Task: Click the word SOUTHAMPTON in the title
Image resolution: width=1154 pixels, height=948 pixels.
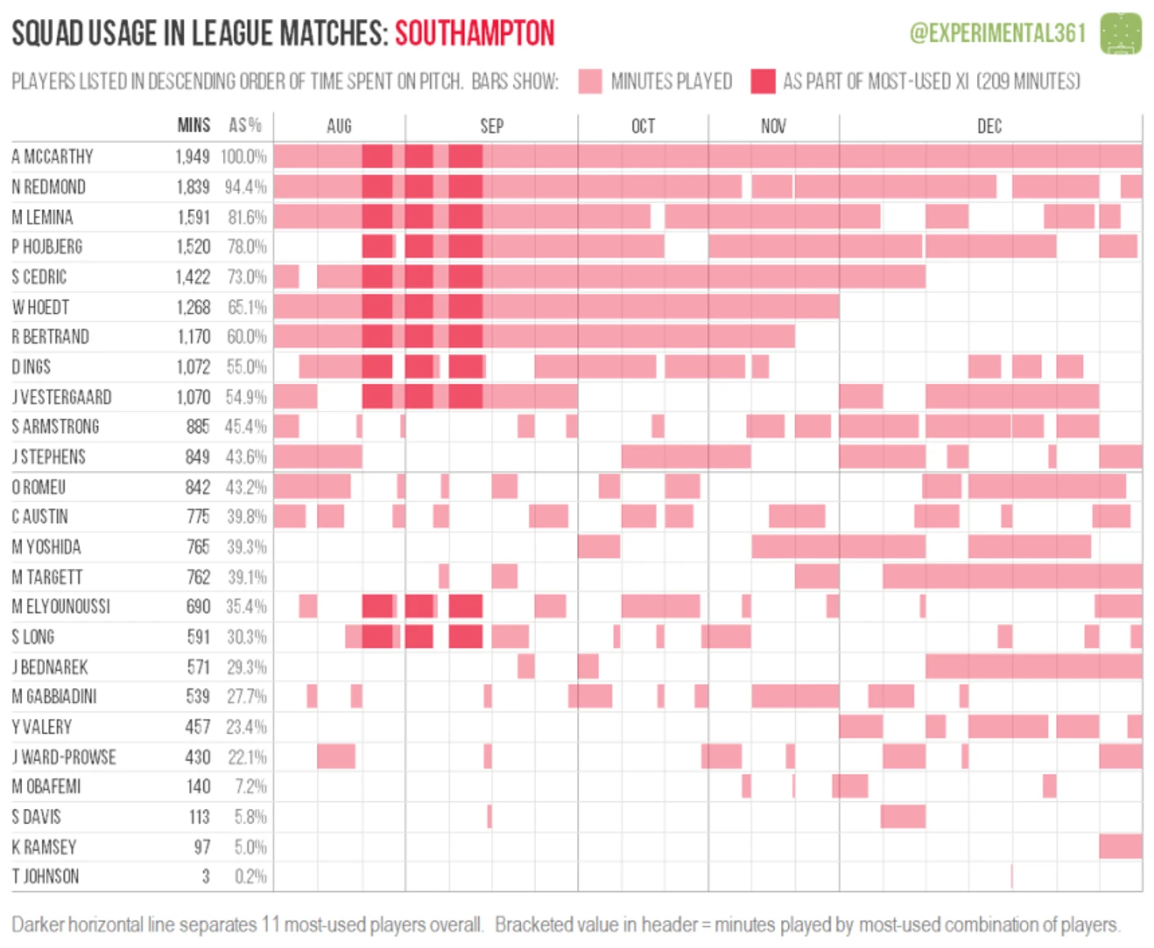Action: pyautogui.click(x=474, y=33)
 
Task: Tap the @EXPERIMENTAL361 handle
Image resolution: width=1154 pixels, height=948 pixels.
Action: pyautogui.click(x=997, y=33)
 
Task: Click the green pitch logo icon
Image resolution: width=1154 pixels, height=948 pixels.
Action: pyautogui.click(x=1121, y=33)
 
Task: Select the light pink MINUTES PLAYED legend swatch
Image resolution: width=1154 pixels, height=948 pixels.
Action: pyautogui.click(x=590, y=81)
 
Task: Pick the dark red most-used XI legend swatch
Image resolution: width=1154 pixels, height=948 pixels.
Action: pyautogui.click(x=763, y=81)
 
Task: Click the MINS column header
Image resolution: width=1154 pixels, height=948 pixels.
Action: pyautogui.click(x=194, y=126)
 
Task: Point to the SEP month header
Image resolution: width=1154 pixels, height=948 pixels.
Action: pyautogui.click(x=492, y=126)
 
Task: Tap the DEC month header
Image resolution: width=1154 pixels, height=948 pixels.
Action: pyautogui.click(x=990, y=126)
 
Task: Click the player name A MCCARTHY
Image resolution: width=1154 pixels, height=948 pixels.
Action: pyautogui.click(x=52, y=156)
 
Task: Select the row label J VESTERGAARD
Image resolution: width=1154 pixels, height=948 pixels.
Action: pyautogui.click(x=62, y=397)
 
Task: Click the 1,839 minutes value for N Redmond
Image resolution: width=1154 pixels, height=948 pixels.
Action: pyautogui.click(x=193, y=187)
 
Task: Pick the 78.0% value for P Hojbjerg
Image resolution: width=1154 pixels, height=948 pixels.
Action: pyautogui.click(x=247, y=247)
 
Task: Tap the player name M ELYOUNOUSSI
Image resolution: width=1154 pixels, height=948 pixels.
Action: pyautogui.click(x=61, y=607)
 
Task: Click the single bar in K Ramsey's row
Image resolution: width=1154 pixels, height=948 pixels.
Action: pyautogui.click(x=1120, y=846)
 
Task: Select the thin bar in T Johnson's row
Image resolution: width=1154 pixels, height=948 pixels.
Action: pyautogui.click(x=1012, y=876)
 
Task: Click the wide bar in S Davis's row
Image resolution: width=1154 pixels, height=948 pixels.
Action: pyautogui.click(x=903, y=816)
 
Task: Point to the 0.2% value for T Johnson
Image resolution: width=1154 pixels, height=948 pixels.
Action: pyautogui.click(x=251, y=877)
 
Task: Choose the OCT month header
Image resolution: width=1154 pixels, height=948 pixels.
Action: pyautogui.click(x=643, y=126)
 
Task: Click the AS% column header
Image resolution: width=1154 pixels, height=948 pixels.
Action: pyautogui.click(x=245, y=126)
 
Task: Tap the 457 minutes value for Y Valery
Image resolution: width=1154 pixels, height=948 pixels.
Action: pyautogui.click(x=198, y=727)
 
